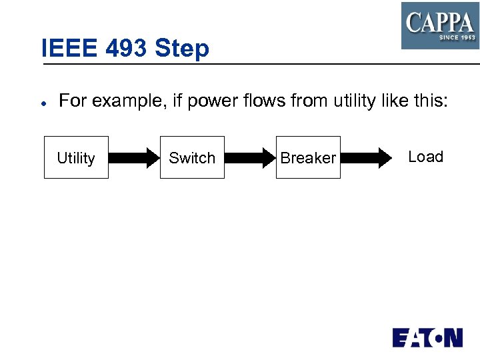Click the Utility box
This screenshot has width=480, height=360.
76,157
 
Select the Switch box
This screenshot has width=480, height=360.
192,157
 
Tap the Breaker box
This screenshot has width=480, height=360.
308,157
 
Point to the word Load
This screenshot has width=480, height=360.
425,157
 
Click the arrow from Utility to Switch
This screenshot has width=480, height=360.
133,158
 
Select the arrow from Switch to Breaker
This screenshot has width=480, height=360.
250,158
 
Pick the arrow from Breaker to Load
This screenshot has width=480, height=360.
366,158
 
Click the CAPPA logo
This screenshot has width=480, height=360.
440,25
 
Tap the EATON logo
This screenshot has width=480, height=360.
427,337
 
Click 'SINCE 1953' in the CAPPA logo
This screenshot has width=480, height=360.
457,38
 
